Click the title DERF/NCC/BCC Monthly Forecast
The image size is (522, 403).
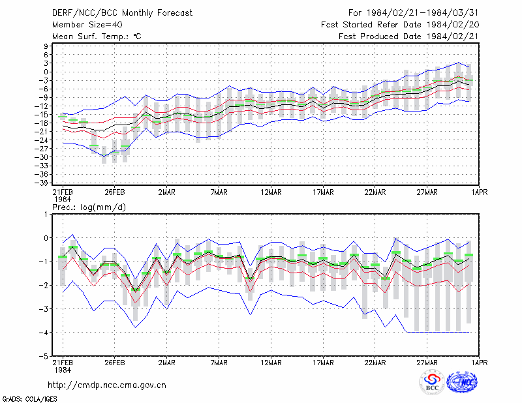122,13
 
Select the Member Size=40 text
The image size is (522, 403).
87,25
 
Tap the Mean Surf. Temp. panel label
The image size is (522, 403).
97,37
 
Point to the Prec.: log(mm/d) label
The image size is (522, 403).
89,207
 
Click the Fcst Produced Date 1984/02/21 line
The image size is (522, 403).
409,37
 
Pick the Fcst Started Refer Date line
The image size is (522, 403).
400,25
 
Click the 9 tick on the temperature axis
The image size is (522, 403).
46,46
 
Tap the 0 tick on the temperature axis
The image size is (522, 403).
46,72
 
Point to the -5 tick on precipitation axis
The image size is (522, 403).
44,356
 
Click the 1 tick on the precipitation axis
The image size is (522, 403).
46,215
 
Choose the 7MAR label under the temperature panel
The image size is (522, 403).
219,192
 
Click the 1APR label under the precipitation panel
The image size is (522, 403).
480,363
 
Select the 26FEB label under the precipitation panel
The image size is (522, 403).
115,363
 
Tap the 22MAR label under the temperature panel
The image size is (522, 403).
375,192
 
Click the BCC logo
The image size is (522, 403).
432,383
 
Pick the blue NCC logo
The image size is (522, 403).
462,382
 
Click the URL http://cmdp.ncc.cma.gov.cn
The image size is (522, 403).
107,385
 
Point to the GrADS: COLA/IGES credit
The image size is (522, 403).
29,398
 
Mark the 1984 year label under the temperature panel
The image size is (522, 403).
63,200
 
